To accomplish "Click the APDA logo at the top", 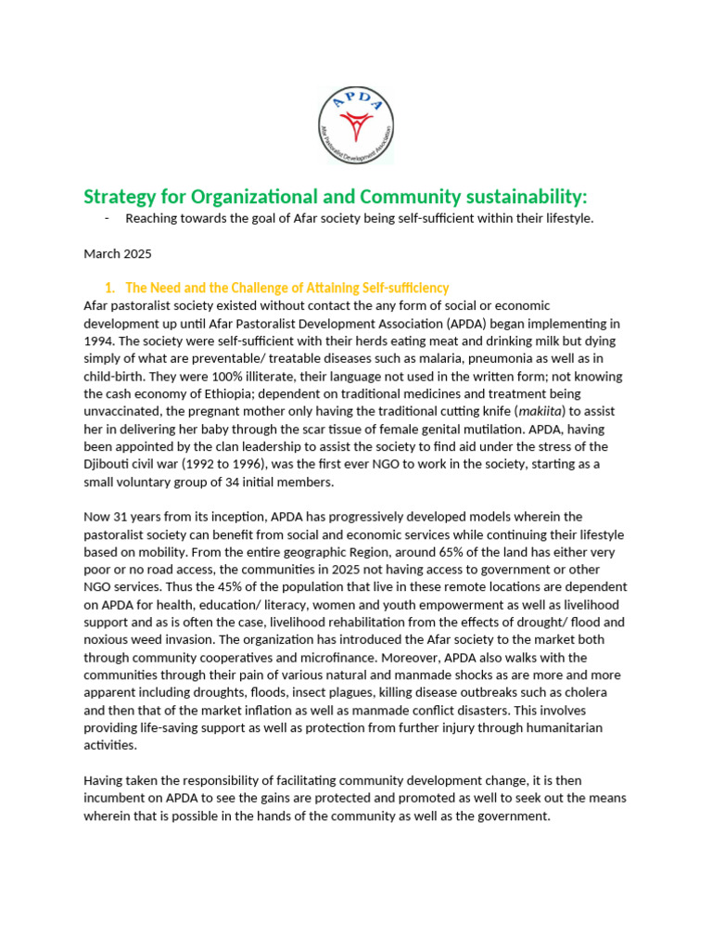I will coord(355,124).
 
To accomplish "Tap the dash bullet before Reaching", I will coord(108,218).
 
